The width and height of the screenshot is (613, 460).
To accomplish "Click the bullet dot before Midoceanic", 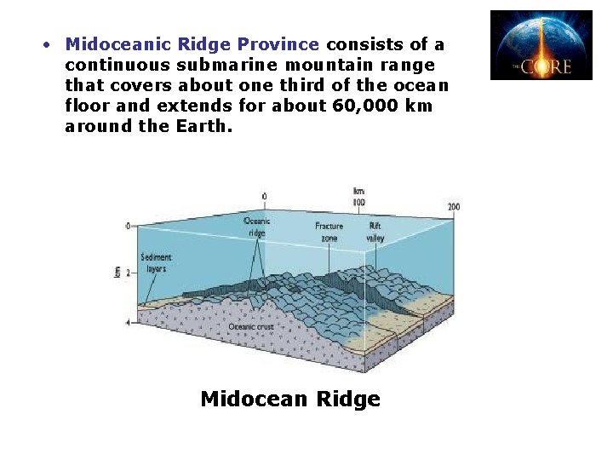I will click(x=49, y=43).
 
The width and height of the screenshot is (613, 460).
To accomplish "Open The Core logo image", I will click(x=541, y=45).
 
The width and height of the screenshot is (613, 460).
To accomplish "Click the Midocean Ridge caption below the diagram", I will click(x=289, y=399).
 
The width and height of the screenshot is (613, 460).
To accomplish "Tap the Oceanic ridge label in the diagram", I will click(x=257, y=227).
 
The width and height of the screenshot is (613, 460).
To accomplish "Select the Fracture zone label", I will click(x=329, y=232).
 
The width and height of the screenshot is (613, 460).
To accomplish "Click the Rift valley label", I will click(x=375, y=232).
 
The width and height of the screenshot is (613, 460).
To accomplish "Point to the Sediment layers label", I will click(x=157, y=262).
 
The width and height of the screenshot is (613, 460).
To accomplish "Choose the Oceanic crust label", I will click(x=250, y=326).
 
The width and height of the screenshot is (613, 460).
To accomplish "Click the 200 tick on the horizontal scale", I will click(x=454, y=207).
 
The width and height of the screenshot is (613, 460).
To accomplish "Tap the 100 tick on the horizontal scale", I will click(x=359, y=203).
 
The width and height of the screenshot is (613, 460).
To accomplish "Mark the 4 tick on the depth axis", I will click(x=128, y=323).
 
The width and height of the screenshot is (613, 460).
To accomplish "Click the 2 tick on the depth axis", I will click(x=128, y=273).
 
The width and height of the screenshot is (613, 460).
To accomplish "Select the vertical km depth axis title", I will click(x=117, y=272).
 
